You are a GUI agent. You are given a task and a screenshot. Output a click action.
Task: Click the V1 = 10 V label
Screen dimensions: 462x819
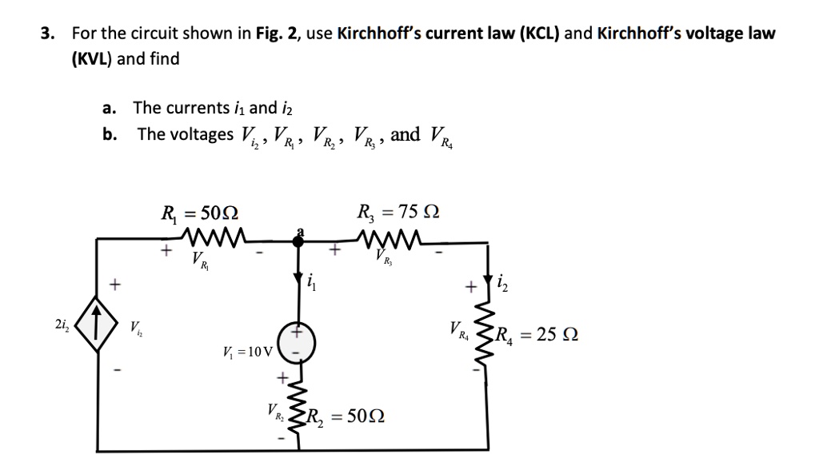(249, 351)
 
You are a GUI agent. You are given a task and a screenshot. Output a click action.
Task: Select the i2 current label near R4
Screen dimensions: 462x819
(501, 281)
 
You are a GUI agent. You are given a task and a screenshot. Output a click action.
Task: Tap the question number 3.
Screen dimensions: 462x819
(49, 34)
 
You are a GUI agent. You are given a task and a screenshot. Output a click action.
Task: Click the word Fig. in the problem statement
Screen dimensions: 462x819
(269, 34)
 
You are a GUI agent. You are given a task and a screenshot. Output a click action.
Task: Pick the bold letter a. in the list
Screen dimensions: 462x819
(110, 108)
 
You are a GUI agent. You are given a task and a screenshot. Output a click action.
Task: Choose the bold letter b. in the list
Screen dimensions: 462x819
(110, 133)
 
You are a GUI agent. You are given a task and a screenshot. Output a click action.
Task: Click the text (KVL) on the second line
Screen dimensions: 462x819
(92, 59)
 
